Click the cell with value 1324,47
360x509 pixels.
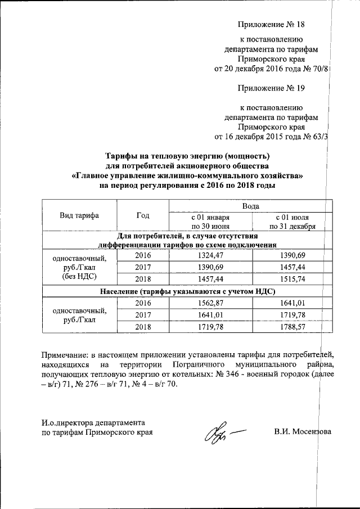click(x=210, y=255)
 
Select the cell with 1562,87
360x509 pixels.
click(x=210, y=303)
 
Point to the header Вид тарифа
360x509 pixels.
click(x=79, y=215)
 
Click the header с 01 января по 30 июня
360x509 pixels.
click(x=210, y=222)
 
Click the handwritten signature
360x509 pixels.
click(x=222, y=434)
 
